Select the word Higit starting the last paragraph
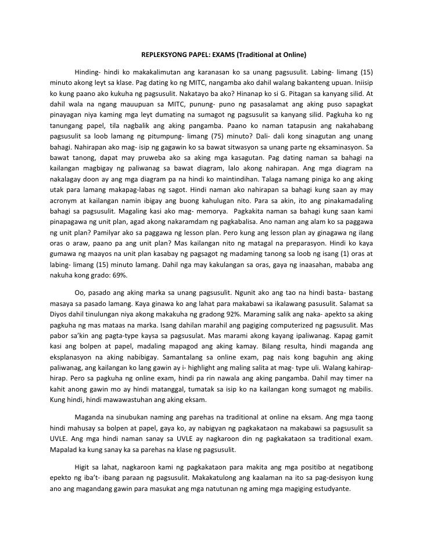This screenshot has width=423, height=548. click(83, 467)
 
